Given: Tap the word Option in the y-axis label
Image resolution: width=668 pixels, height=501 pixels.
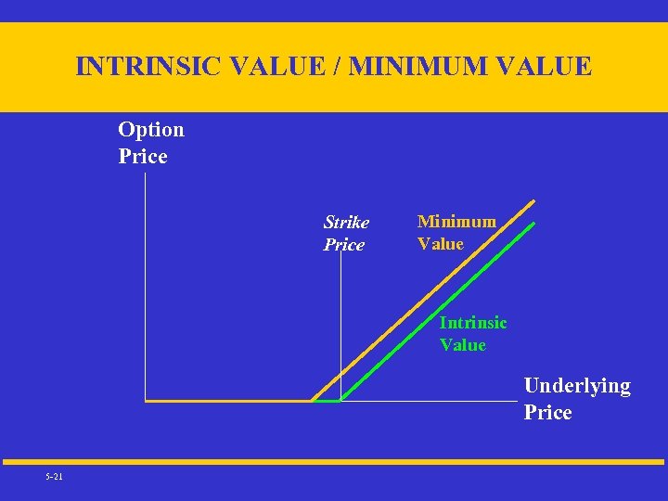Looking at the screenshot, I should coord(151,130).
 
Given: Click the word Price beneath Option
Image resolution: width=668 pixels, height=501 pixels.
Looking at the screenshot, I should coord(143,157).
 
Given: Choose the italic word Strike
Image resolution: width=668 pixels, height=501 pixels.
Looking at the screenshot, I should coord(346,223).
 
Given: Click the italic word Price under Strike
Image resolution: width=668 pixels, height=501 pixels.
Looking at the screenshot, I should coord(344,245).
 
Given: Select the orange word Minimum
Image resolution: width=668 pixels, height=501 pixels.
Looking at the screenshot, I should coord(456,222).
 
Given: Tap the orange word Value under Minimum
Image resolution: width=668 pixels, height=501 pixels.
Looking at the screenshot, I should coord(441,244).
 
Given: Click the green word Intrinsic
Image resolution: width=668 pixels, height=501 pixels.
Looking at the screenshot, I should coord(473,323).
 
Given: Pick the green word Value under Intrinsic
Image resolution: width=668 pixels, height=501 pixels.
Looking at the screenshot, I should coord(463,345).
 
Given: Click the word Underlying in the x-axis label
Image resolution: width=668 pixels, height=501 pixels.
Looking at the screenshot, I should coord(577,386).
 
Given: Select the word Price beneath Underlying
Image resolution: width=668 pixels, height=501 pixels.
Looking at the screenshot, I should coord(547,413).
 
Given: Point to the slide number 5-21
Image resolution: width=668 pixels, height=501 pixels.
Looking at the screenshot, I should coord(54,477).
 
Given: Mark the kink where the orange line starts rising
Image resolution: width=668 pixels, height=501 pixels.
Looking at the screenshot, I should coord(312,401).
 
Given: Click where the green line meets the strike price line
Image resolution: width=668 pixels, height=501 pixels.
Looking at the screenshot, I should coord(340,400).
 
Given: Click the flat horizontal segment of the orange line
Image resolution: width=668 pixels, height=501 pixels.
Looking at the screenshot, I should coord(227,401).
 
